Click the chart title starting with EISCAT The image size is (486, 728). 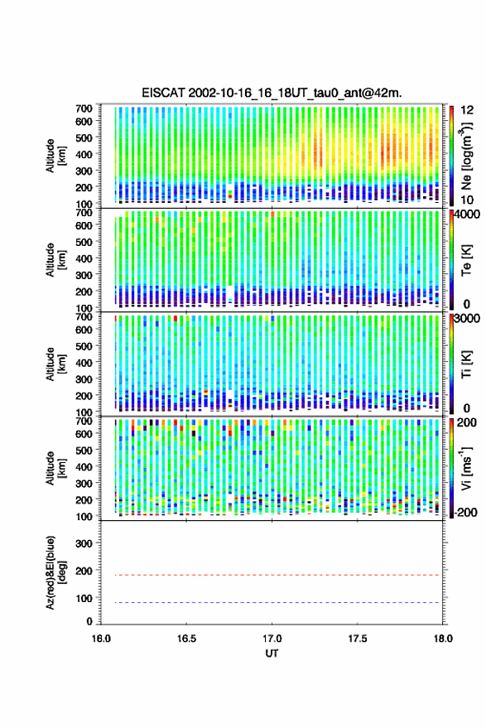tap(272, 94)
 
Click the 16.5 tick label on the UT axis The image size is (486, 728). tap(186, 639)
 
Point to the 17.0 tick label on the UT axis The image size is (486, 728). tap(272, 639)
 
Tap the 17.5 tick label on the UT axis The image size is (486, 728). tap(358, 639)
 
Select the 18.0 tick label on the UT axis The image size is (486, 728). tap(443, 639)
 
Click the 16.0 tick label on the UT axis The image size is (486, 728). tap(101, 639)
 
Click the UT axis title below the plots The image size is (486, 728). tap(272, 653)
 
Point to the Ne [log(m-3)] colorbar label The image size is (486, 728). tap(466, 156)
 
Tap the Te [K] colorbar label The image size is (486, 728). tap(466, 260)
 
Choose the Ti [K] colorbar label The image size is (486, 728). tap(466, 364)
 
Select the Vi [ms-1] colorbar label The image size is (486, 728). tap(466, 468)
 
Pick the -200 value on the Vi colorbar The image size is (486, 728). tap(464, 513)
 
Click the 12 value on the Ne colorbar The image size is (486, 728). tap(468, 110)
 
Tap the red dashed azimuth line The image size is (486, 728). tap(272, 576)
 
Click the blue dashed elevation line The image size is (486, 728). tap(272, 603)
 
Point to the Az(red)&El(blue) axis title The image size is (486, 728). tap(55, 573)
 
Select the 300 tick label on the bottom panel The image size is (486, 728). tap(84, 543)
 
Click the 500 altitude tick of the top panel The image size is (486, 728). tap(84, 137)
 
